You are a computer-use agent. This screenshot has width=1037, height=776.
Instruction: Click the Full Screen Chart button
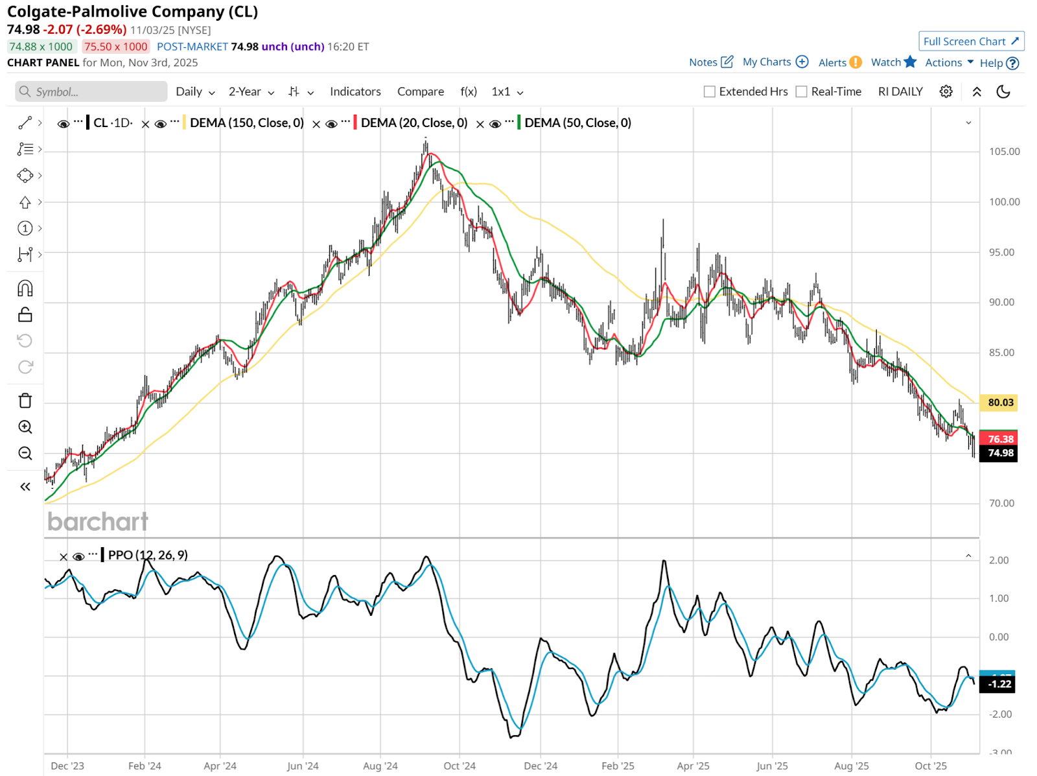point(970,41)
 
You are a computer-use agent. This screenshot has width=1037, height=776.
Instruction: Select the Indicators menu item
point(355,91)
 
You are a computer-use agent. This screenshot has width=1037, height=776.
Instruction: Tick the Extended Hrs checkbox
point(710,92)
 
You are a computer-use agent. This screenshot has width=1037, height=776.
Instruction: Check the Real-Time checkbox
point(802,92)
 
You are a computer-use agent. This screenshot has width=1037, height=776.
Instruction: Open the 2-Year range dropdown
point(251,91)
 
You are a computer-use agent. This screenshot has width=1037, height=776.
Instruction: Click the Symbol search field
point(91,91)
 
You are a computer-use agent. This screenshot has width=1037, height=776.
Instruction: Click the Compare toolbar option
point(421,91)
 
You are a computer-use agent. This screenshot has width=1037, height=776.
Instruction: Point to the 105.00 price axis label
point(1004,152)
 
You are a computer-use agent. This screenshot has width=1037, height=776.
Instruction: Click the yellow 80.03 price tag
point(1000,403)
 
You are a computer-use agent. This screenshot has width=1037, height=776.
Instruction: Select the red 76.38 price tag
point(1000,439)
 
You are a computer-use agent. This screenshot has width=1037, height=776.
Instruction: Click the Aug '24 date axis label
point(380,766)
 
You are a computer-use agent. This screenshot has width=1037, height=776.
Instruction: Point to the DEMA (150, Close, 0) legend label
point(246,123)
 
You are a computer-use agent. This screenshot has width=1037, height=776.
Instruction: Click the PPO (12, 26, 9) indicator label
point(148,555)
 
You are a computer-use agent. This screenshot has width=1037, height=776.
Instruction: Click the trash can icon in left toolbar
point(25,401)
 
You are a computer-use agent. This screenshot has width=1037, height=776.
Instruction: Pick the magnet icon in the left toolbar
point(25,288)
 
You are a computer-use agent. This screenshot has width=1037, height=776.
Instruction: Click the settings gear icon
point(946,91)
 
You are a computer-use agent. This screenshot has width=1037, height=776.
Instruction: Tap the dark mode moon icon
point(1003,91)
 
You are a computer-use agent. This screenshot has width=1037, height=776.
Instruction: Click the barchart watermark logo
point(98,522)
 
